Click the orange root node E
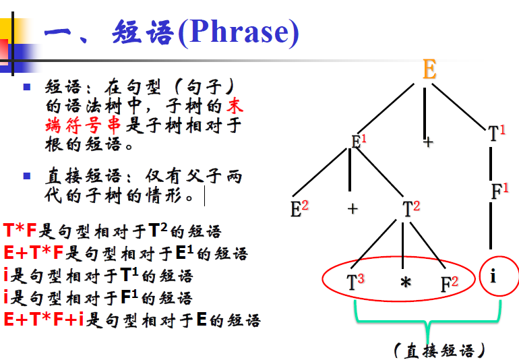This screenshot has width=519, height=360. (429, 69)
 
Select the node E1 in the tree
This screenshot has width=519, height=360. (359, 142)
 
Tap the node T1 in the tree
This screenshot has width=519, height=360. (496, 133)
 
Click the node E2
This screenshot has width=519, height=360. (299, 208)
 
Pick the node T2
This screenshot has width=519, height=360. (410, 208)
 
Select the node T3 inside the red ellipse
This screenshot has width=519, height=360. (355, 282)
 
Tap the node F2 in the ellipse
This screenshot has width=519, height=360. (449, 283)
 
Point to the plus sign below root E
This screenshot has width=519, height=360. (428, 142)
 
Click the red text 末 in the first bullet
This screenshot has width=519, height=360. (233, 106)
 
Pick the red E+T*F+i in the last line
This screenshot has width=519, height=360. (43, 318)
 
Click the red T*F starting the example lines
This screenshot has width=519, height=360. (20, 231)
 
